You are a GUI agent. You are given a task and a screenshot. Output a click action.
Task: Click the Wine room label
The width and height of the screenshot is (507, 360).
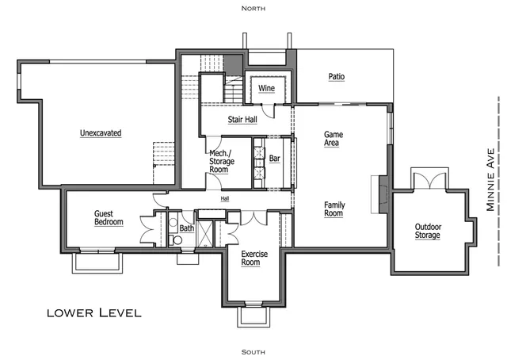coord(266,88)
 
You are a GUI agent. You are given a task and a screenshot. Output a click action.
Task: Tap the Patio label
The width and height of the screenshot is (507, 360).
coord(337,77)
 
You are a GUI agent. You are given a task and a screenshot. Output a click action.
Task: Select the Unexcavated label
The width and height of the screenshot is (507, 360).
coord(101,133)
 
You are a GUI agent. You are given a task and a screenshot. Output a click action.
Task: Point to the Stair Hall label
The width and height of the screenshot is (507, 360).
coord(242,120)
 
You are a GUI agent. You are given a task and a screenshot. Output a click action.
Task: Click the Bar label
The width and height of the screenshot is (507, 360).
coord(275,159)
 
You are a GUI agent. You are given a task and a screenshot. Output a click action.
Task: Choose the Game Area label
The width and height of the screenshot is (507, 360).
coord(333,139)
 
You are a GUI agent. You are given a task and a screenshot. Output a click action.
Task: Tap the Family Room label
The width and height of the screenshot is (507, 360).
coord(334,209)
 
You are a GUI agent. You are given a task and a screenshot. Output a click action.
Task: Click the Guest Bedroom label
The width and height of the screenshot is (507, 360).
coord(109,218)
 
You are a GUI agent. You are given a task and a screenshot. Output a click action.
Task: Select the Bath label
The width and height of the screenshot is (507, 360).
coord(187,228)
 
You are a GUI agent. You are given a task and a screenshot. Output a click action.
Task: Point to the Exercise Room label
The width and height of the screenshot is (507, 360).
coord(254,258)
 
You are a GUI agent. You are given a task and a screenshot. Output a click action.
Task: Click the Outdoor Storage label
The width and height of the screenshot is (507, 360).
coord(428,231)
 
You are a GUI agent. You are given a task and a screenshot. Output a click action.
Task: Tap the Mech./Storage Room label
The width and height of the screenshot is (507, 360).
coord(222,161)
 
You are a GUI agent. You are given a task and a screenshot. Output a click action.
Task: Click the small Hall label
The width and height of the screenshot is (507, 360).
coord(225,198)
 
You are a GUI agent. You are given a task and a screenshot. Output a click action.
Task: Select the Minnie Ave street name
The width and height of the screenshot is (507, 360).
coord(490,180)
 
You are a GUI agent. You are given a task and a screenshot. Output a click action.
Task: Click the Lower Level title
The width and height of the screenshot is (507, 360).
coord(94,312)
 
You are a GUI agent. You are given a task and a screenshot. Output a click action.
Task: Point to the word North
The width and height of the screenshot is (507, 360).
coord(253,9)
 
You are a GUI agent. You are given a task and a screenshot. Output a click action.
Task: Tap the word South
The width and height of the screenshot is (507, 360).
coord(253,352)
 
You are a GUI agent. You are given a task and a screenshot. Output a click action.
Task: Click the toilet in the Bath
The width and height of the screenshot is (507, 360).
coord(175,240)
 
